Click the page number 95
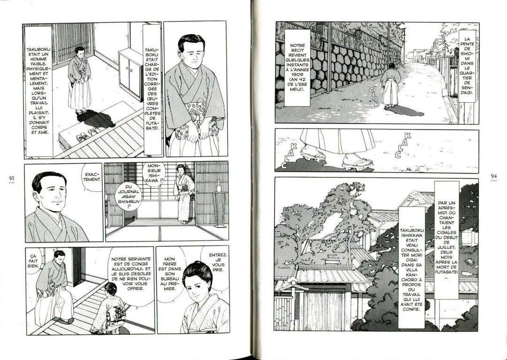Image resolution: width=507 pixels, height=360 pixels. pyautogui.click(x=12, y=178)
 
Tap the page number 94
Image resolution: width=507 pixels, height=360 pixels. pyautogui.click(x=493, y=176)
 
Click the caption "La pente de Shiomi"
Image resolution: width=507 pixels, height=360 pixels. pyautogui.click(x=467, y=66)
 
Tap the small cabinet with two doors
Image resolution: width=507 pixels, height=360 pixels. pyautogui.click(x=131, y=74)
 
